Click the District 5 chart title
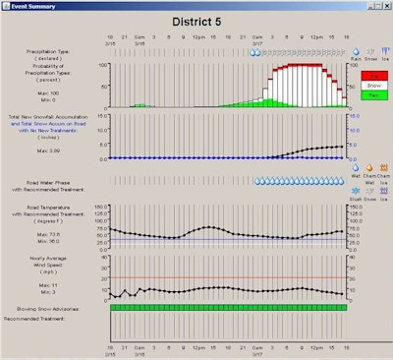(x=196, y=21)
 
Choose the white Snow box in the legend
(x=369, y=87)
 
